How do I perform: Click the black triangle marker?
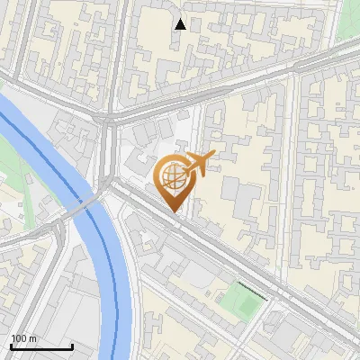181,24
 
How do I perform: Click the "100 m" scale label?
23,338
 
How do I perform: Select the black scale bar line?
41,346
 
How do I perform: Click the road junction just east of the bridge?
112,184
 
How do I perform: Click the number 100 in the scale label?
19,338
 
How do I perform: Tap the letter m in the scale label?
32,338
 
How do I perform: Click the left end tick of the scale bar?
11,345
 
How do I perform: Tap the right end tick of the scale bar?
72,345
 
